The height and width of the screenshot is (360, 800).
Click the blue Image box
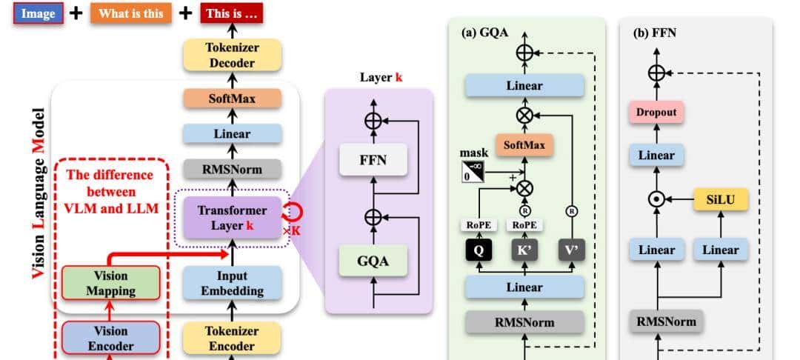pos(38,13)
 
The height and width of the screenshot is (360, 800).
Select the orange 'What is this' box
pos(132,13)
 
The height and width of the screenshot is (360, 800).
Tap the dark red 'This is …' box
pos(232,13)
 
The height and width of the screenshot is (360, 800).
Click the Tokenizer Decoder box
pos(232,55)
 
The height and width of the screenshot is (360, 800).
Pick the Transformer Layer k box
pos(232,217)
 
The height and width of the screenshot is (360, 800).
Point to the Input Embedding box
pos(232,283)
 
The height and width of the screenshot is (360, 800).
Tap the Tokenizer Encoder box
pos(232,338)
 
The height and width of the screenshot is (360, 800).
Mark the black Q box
pos(479,250)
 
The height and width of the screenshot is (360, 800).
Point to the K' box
pos(524,250)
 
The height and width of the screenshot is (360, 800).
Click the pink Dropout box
pos(656,113)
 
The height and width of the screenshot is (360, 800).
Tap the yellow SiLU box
pos(719,199)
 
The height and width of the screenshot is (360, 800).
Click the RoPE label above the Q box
pos(479,225)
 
